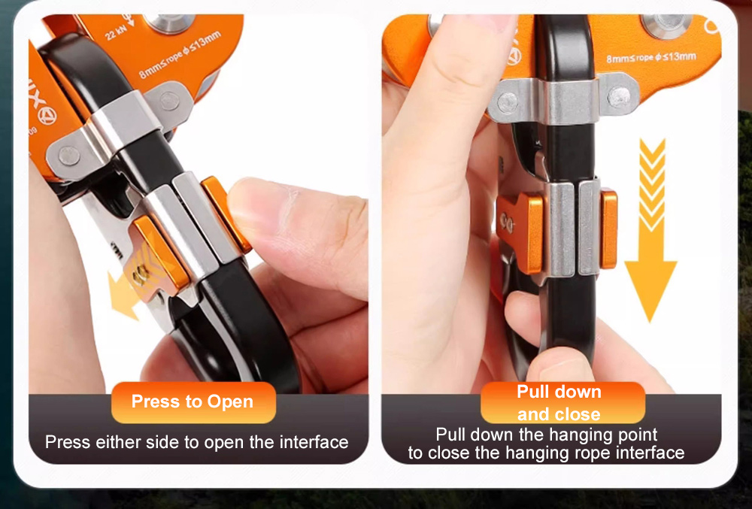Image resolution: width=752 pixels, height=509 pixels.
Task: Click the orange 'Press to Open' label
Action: tap(193, 401)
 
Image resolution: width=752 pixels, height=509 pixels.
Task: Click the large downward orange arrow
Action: tap(651, 230)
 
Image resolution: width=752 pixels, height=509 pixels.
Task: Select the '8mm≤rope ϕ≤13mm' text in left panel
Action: tap(180, 55)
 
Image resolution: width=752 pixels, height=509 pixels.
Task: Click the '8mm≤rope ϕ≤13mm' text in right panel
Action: tap(650, 57)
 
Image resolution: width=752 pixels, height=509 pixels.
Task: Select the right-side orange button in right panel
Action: tap(608, 229)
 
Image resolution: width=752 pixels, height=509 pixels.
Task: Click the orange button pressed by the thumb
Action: tap(226, 214)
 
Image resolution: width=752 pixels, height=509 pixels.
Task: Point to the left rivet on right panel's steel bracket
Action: tap(508, 102)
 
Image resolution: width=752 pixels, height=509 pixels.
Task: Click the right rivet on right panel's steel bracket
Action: tap(619, 98)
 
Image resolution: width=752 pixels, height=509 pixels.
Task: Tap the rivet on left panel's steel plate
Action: tap(69, 156)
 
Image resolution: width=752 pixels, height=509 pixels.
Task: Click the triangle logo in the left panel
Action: tap(47, 116)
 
